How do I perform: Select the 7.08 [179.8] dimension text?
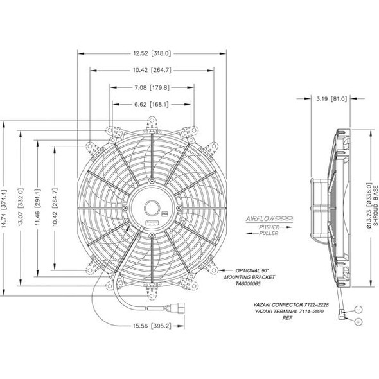[x=152, y=87]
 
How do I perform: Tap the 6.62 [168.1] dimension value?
[x=152, y=103]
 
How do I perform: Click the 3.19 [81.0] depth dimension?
[x=332, y=100]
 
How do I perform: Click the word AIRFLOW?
[x=260, y=219]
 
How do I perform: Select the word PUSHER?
[x=269, y=227]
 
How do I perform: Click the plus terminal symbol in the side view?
[x=358, y=321]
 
